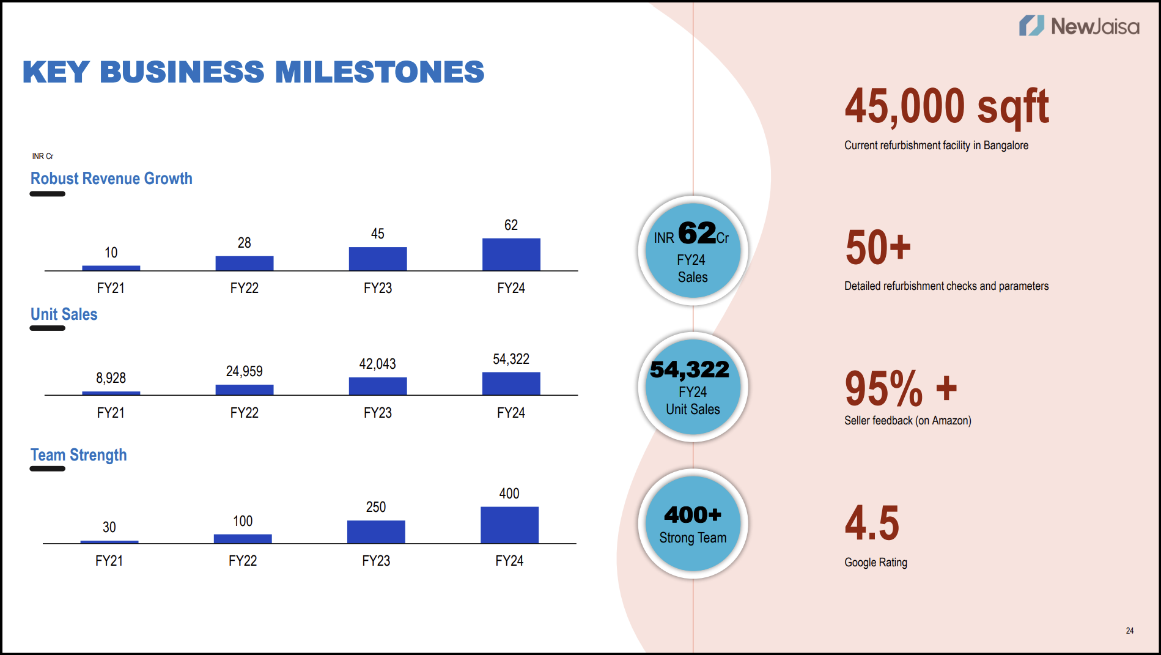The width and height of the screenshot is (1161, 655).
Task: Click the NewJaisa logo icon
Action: click(1031, 26)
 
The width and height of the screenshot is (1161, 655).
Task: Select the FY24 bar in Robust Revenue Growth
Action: click(511, 254)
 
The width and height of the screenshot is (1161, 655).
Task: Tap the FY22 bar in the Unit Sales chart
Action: click(245, 390)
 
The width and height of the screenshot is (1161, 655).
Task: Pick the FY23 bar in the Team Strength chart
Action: click(376, 531)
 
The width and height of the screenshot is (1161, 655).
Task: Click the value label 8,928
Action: click(111, 378)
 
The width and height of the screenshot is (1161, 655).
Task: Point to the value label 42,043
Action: click(377, 364)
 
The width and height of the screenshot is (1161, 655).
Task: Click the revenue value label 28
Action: click(245, 243)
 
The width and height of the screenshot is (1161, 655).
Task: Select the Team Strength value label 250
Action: click(376, 507)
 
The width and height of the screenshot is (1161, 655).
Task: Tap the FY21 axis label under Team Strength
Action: click(109, 561)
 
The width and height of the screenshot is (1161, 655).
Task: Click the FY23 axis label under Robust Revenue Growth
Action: click(378, 288)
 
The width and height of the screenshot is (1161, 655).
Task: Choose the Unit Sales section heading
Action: click(64, 314)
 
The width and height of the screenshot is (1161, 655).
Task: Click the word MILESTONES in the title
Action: click(379, 72)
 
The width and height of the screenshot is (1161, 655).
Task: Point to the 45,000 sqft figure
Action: click(946, 106)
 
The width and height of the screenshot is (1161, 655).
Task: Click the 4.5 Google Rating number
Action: click(872, 524)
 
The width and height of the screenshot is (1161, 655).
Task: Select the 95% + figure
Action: click(901, 388)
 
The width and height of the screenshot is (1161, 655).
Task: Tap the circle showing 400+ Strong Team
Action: click(693, 524)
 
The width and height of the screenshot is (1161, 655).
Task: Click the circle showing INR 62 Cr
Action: click(693, 251)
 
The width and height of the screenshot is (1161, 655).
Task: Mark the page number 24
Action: click(1130, 631)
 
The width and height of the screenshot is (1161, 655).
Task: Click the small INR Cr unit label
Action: click(43, 157)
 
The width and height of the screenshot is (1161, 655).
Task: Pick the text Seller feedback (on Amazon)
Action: click(908, 421)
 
